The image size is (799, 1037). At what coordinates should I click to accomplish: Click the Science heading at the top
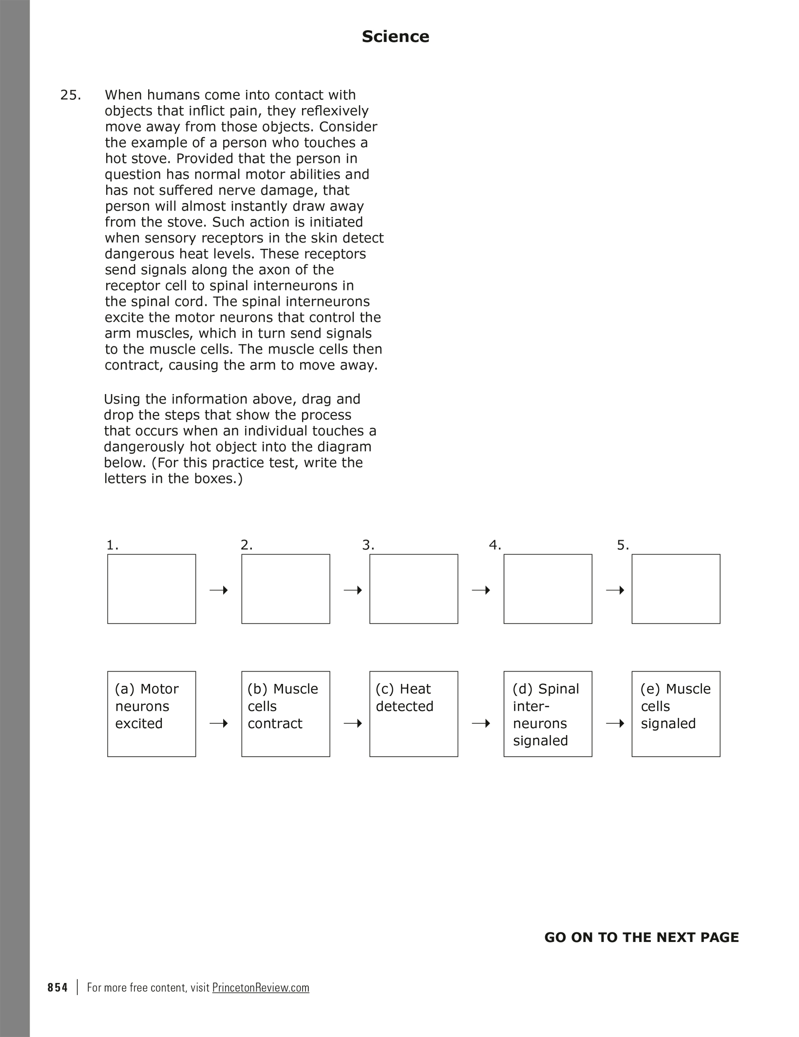tap(395, 37)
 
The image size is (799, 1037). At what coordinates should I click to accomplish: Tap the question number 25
tap(70, 95)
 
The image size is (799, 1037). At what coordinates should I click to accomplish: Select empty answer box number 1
tap(152, 588)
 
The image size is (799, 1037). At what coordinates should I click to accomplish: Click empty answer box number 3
tap(414, 588)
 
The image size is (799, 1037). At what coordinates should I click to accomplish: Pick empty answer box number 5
tap(676, 588)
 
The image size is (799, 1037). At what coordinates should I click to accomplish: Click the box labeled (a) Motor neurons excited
tap(152, 714)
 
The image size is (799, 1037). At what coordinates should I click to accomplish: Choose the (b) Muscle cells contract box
tap(285, 714)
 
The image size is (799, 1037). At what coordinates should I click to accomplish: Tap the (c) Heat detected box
tap(414, 714)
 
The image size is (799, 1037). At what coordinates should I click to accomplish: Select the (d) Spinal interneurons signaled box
tap(548, 714)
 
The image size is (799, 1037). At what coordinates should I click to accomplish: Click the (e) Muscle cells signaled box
tap(676, 714)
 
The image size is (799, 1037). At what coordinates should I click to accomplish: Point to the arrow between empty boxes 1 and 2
tap(219, 590)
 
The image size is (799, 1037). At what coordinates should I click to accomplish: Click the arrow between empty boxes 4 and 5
tap(615, 590)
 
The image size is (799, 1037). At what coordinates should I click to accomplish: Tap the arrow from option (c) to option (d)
tap(481, 724)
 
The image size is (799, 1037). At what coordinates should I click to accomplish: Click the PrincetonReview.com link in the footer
tap(261, 987)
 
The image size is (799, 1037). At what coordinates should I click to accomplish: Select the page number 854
tap(57, 987)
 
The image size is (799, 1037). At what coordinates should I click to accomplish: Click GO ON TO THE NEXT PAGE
tap(641, 937)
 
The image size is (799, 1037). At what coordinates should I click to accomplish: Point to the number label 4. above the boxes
tap(495, 545)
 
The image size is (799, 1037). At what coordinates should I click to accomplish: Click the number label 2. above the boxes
tap(247, 545)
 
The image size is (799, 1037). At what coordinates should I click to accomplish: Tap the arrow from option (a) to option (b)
tap(219, 724)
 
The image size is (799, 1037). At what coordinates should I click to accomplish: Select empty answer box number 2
tap(285, 588)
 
